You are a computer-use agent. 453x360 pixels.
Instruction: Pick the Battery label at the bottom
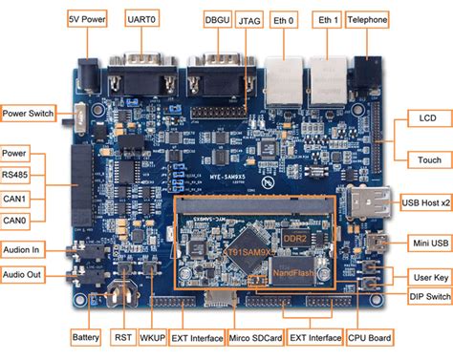point(87,337)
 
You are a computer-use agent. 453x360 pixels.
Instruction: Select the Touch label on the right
point(421,159)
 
